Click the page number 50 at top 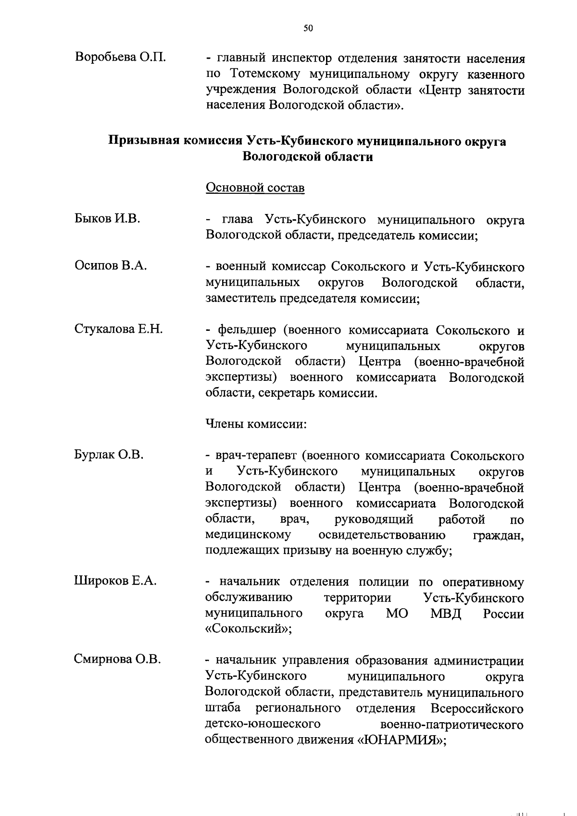(x=308, y=28)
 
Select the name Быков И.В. (x=107, y=219)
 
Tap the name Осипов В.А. (x=111, y=265)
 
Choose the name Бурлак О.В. (x=109, y=454)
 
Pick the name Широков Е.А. (x=115, y=581)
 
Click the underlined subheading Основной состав (x=255, y=188)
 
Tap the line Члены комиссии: (x=256, y=424)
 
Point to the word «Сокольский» (x=248, y=629)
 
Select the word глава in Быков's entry (x=238, y=220)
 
